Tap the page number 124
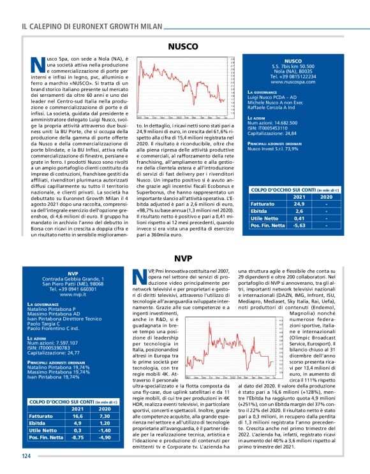26,456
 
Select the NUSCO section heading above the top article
185,47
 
